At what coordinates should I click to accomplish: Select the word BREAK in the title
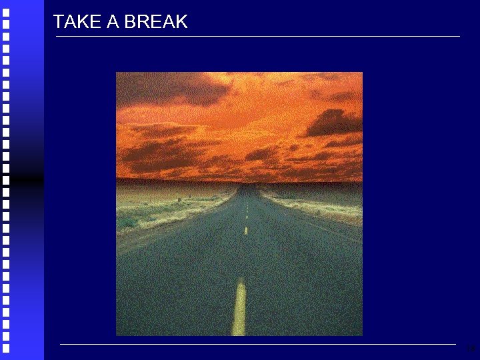pyautogui.click(x=155, y=22)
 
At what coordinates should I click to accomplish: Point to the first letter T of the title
pyautogui.click(x=58, y=22)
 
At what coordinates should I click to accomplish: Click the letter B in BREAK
pyautogui.click(x=130, y=22)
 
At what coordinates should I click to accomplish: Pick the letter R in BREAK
pyautogui.click(x=142, y=22)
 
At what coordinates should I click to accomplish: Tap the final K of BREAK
pyautogui.click(x=181, y=22)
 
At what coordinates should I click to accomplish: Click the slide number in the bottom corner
pyautogui.click(x=471, y=348)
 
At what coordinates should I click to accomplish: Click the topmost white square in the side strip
pyautogui.click(x=6, y=11)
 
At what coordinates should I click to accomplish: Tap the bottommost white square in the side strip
pyautogui.click(x=6, y=347)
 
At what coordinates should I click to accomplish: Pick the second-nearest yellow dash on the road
pyautogui.click(x=245, y=231)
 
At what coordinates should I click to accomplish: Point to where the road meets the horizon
pyautogui.click(x=247, y=185)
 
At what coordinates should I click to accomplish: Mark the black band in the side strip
pyautogui.click(x=21, y=179)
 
